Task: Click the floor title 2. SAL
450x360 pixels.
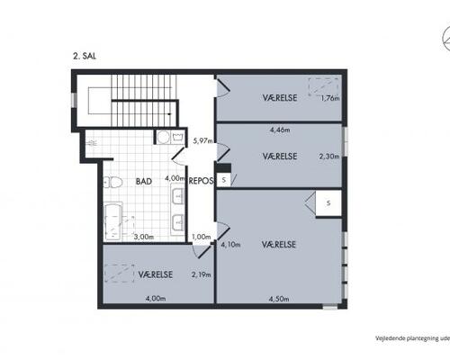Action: click(85, 56)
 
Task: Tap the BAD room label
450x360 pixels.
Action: click(144, 181)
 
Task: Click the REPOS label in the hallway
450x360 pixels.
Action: click(201, 181)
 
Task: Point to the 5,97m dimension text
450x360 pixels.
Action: click(203, 140)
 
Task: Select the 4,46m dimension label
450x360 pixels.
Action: click(280, 130)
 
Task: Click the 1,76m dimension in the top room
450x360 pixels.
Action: click(330, 98)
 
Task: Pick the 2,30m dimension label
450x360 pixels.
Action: click(329, 156)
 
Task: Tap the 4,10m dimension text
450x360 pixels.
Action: click(230, 245)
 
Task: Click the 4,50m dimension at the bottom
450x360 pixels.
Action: click(279, 299)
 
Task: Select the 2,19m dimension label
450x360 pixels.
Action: click(201, 274)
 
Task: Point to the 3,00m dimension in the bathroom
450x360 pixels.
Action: click(144, 237)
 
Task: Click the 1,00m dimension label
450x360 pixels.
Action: click(202, 237)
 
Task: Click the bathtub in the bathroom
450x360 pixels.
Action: click(112, 221)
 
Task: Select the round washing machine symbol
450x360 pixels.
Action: click(164, 138)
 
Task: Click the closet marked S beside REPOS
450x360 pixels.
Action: click(223, 180)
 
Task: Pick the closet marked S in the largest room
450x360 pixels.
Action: click(328, 203)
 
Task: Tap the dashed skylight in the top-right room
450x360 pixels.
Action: click(324, 86)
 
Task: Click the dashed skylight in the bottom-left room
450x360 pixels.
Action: click(119, 274)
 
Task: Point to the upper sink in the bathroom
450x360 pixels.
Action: click(177, 193)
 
